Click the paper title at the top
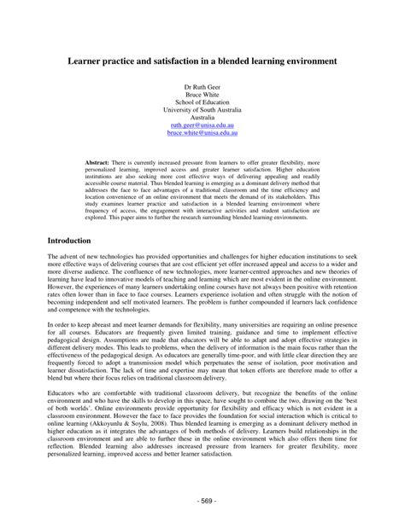click(x=202, y=61)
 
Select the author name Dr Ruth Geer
click(x=203, y=89)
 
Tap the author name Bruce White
click(x=203, y=97)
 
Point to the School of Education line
click(x=203, y=106)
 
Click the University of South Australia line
click(x=203, y=114)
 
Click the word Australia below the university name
click(x=203, y=115)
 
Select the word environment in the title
click(x=307, y=61)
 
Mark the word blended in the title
click(x=236, y=61)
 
